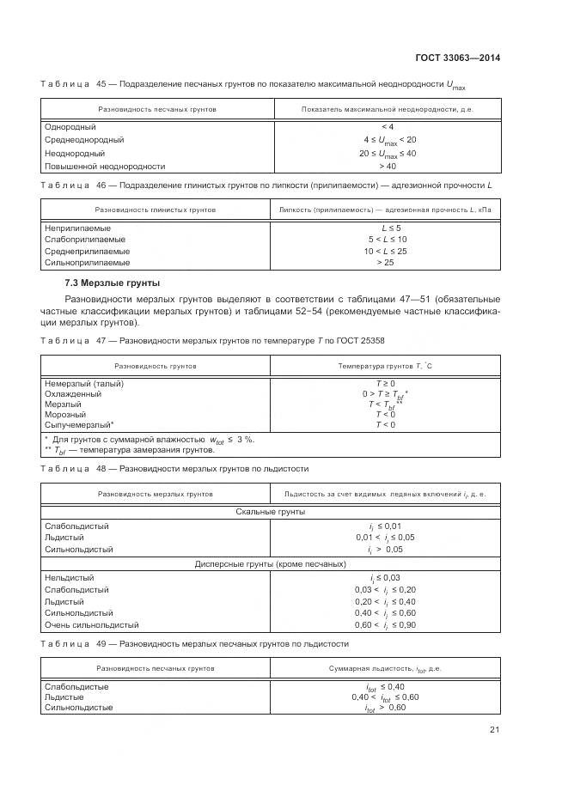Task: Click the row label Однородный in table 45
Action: [x=68, y=127]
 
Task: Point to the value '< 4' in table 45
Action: [x=387, y=127]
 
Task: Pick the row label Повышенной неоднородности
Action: [x=104, y=166]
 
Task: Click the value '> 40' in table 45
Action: [x=387, y=166]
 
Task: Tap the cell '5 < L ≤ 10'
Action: [x=387, y=240]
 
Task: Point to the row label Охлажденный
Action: [x=73, y=393]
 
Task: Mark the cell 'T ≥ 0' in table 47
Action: [x=384, y=382]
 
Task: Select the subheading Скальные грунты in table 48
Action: [x=271, y=512]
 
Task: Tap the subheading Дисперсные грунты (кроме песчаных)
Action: [x=271, y=564]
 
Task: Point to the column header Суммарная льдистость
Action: [x=384, y=667]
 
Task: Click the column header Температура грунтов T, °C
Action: [x=384, y=365]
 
